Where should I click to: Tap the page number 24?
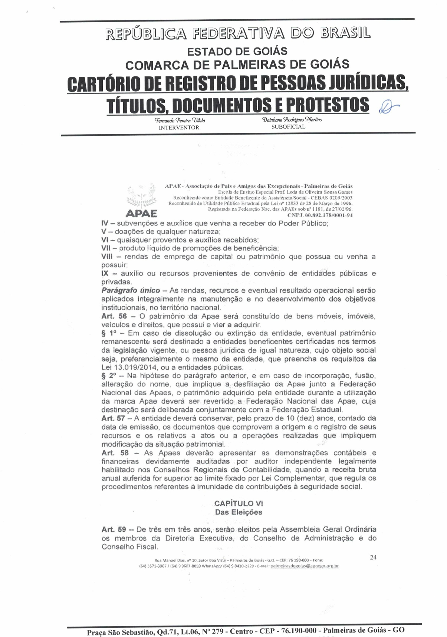tap(373, 557)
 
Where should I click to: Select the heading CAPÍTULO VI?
tap(239, 503)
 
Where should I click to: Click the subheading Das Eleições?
tap(239, 512)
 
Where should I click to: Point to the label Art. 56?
tap(114, 316)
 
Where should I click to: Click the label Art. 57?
tap(113, 418)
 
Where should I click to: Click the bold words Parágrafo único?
tap(131, 290)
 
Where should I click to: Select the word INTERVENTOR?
tap(179, 128)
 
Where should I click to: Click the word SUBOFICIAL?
tap(288, 127)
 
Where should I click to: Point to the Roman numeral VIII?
tap(107, 257)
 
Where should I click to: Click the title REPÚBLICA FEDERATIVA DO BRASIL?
tap(238, 33)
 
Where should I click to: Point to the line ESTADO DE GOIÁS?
tap(237, 51)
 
